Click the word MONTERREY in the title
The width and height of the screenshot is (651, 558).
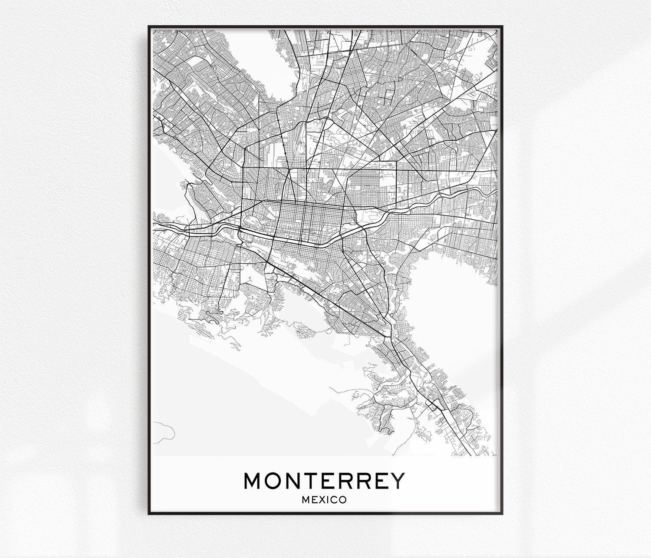(x=324, y=481)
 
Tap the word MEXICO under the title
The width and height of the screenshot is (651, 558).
(x=324, y=500)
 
